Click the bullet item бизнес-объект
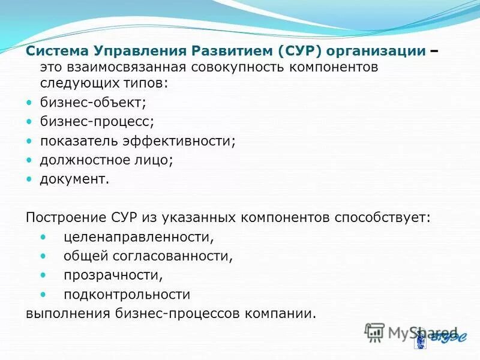tap(93, 103)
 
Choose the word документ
tap(74, 179)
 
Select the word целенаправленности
tap(139, 237)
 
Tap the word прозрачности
tap(113, 275)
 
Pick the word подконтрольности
tap(127, 295)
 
